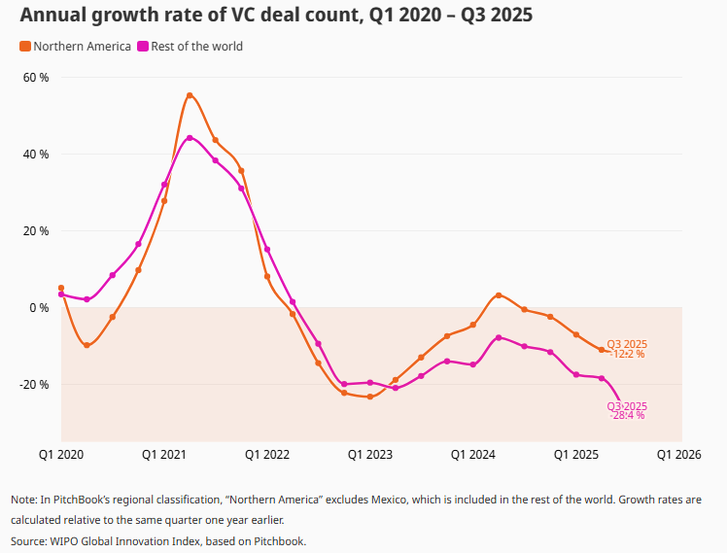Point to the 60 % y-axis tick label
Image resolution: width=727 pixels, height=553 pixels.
pyautogui.click(x=36, y=77)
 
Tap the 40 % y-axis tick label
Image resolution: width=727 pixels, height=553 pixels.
pyautogui.click(x=36, y=154)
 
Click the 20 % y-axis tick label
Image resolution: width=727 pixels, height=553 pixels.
pyautogui.click(x=36, y=230)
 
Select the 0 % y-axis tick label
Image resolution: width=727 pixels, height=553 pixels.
pyautogui.click(x=39, y=307)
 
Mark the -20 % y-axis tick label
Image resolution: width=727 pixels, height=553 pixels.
pyautogui.click(x=35, y=384)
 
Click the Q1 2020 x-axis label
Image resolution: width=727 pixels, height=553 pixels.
pyautogui.click(x=60, y=454)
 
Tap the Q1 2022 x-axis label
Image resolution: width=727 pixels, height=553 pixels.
pyautogui.click(x=267, y=454)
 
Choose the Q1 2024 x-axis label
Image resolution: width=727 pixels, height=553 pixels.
pyautogui.click(x=473, y=454)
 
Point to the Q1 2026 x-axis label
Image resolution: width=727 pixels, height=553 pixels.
pyautogui.click(x=679, y=454)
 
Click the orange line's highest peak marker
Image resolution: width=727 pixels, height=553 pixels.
pyautogui.click(x=190, y=95)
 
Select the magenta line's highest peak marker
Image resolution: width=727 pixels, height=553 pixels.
pyautogui.click(x=190, y=138)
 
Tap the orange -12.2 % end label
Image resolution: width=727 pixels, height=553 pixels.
pyautogui.click(x=627, y=354)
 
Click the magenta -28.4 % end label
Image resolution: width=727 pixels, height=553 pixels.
pyautogui.click(x=627, y=415)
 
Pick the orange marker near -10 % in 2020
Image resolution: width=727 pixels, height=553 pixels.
pyautogui.click(x=87, y=345)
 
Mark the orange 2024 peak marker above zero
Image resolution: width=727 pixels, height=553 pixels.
pyautogui.click(x=499, y=294)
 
